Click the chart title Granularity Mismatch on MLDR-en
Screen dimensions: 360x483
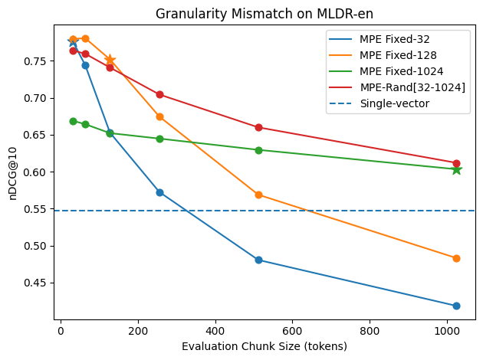pyautogui.click(x=264, y=14)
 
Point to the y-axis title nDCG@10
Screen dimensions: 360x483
pyautogui.click(x=13, y=174)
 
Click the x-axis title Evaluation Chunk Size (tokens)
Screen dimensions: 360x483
pyautogui.click(x=264, y=346)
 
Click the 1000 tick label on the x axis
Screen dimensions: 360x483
pyautogui.click(x=447, y=331)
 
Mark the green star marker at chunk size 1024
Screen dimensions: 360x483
pyautogui.click(x=456, y=169)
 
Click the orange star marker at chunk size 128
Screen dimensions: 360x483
pyautogui.click(x=110, y=60)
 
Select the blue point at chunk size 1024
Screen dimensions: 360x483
pyautogui.click(x=456, y=306)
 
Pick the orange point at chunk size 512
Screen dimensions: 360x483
pyautogui.click(x=258, y=195)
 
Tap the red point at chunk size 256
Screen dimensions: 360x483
pyautogui.click(x=159, y=94)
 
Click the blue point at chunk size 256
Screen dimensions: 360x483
pyautogui.click(x=159, y=192)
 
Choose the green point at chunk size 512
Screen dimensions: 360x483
pyautogui.click(x=258, y=150)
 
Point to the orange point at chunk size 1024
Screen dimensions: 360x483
pyautogui.click(x=456, y=258)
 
